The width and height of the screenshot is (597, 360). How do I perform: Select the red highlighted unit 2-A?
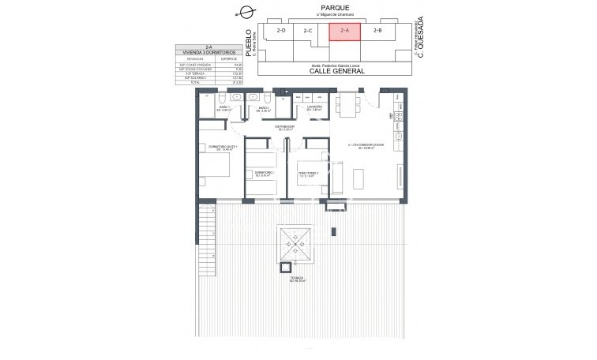click(344, 31)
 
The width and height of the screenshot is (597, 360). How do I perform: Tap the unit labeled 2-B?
click(377, 31)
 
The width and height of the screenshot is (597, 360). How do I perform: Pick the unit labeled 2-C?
click(308, 31)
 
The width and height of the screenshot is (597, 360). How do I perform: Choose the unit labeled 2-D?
click(281, 31)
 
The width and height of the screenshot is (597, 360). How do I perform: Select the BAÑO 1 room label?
click(223, 107)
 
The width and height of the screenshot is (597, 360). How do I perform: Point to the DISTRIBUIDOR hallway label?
click(284, 127)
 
